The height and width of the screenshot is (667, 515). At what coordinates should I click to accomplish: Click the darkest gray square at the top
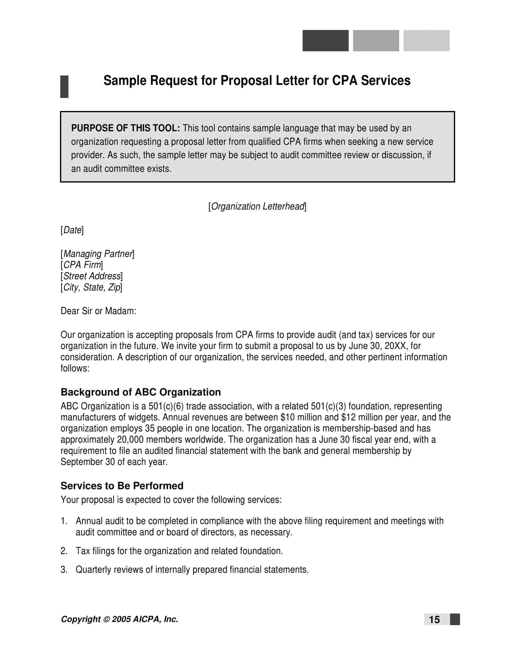tap(325, 41)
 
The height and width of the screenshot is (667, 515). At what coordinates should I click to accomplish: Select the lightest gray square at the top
tap(426, 41)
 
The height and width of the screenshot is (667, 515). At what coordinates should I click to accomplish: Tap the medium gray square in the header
tap(376, 41)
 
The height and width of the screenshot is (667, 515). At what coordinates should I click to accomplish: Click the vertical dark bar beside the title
tap(64, 87)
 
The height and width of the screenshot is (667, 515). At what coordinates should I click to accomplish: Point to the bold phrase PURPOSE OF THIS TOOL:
tap(125, 128)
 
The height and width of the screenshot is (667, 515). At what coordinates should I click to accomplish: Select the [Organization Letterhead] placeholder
tap(257, 207)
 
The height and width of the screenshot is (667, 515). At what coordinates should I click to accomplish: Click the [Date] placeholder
tap(72, 230)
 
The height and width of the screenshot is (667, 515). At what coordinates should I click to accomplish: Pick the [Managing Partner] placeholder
tap(97, 254)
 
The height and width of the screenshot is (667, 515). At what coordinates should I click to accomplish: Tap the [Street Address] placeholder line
tap(91, 276)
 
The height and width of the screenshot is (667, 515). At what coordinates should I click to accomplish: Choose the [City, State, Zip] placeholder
tap(91, 287)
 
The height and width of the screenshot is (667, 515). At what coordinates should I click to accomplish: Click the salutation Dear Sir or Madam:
tap(98, 311)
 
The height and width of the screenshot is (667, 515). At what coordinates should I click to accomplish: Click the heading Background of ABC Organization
tap(141, 392)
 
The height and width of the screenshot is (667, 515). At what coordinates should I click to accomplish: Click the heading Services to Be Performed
tap(122, 486)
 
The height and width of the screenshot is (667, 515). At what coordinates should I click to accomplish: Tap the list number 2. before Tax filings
tap(64, 551)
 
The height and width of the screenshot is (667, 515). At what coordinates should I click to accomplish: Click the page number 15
tap(434, 620)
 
